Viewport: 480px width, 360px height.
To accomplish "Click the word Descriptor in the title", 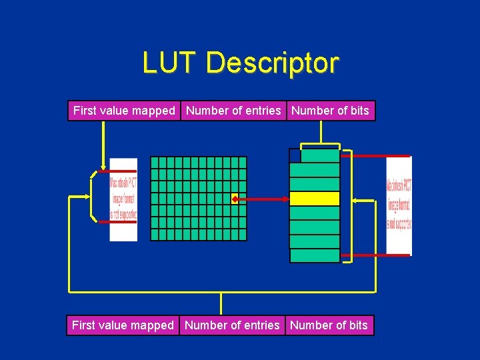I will [272, 63].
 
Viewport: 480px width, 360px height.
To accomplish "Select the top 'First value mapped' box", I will [124, 111].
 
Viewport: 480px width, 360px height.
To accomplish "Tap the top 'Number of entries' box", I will [233, 111].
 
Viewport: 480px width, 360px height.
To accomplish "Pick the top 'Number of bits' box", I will [331, 111].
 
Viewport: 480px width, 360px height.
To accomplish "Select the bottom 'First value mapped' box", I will [123, 325].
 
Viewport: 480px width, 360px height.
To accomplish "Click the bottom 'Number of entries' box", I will [232, 325].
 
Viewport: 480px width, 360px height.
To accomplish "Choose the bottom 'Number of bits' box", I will [329, 325].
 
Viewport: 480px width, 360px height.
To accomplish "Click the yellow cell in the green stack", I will [315, 199].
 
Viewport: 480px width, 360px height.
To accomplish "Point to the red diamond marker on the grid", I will [235, 199].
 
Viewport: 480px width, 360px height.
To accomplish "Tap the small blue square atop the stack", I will [295, 155].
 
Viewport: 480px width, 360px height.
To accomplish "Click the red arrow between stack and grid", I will [263, 199].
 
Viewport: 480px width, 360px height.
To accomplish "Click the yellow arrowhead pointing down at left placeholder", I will [103, 167].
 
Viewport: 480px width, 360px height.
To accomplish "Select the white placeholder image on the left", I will [123, 199].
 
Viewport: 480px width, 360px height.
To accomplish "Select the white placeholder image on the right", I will [399, 205].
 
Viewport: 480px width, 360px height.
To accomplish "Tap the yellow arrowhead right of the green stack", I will [355, 199].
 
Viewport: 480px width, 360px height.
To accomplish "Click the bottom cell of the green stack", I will [315, 256].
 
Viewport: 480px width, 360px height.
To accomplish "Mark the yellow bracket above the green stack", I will [321, 144].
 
